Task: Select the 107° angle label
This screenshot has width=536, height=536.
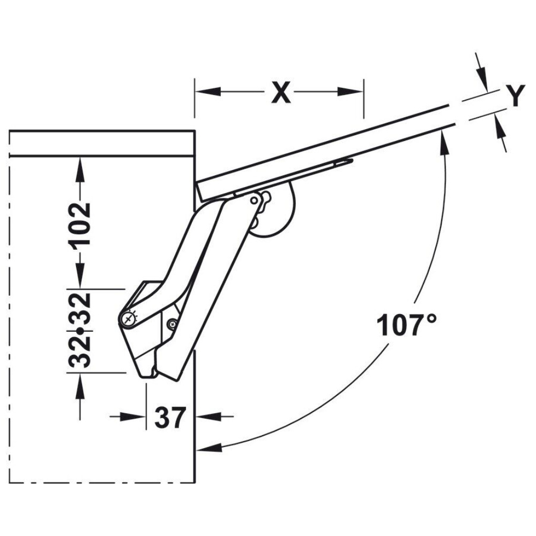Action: tap(406, 325)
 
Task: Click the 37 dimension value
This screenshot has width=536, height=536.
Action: tap(170, 417)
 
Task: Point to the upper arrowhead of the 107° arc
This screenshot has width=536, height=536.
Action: tap(443, 138)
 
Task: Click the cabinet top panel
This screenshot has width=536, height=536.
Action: tap(102, 143)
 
